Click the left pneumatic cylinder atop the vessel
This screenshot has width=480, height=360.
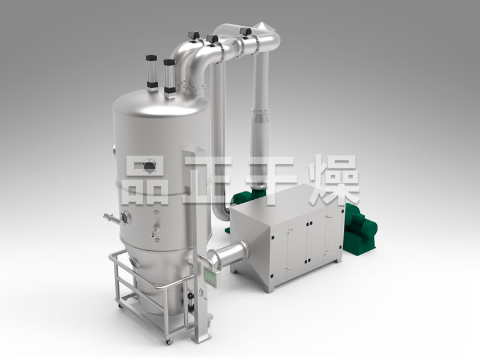click(x=152, y=73)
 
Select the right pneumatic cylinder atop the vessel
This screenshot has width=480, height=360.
click(x=169, y=78)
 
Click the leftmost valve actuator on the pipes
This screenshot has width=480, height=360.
click(x=194, y=35)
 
